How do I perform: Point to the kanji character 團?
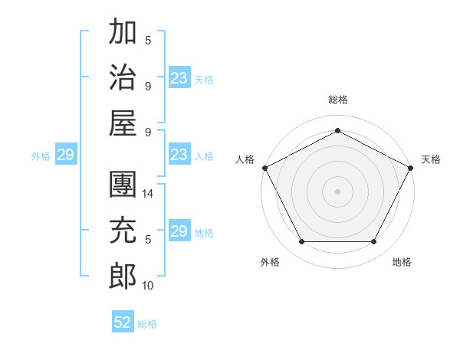[123, 185]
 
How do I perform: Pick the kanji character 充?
[123, 230]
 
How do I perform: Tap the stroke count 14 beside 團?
[149, 194]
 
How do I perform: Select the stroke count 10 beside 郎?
[149, 285]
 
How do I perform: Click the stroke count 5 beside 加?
[148, 41]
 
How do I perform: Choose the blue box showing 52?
[123, 322]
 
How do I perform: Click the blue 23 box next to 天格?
[179, 78]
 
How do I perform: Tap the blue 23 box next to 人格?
[179, 155]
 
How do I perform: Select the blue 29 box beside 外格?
[65, 155]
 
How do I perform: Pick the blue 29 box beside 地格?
[179, 231]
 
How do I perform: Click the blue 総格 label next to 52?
[147, 324]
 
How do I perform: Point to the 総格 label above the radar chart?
[337, 100]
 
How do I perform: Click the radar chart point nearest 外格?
[301, 242]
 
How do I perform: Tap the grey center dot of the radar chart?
[337, 191]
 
